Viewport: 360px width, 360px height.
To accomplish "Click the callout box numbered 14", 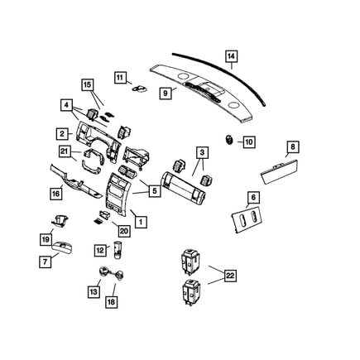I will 232,57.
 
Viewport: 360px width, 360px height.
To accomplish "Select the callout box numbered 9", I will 165,94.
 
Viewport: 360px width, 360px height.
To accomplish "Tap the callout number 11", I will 119,78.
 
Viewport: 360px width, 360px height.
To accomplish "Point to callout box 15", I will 88,84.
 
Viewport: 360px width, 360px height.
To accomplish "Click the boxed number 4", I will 65,105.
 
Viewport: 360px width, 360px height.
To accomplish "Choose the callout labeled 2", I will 62,133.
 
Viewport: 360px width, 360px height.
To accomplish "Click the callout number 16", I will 55,194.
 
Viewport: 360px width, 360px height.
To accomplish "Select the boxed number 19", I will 46,239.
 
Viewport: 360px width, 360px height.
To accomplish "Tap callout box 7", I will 45,261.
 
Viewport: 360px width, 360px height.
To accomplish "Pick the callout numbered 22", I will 229,276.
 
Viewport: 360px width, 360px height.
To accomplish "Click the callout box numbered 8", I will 291,148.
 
